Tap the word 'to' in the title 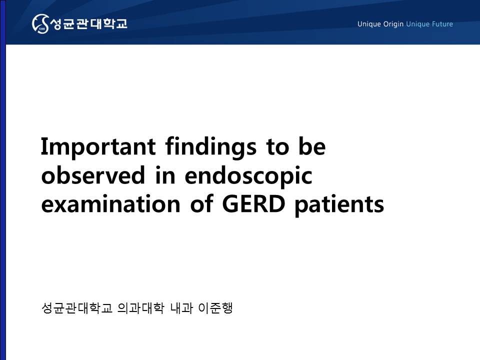coord(277,147)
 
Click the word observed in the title coord(93,175)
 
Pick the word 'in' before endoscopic coord(165,175)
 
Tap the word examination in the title coord(110,203)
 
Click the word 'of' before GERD coord(201,203)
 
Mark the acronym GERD coord(254,204)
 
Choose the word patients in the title coord(339,204)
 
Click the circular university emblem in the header coord(40,23)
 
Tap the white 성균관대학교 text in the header coord(88,23)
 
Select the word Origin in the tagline coord(393,24)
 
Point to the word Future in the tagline coord(442,24)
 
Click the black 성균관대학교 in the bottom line coord(77,308)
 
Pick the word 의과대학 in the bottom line coord(140,308)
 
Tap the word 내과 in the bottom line coord(181,308)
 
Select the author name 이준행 coord(216,308)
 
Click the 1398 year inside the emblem coord(42,29)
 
